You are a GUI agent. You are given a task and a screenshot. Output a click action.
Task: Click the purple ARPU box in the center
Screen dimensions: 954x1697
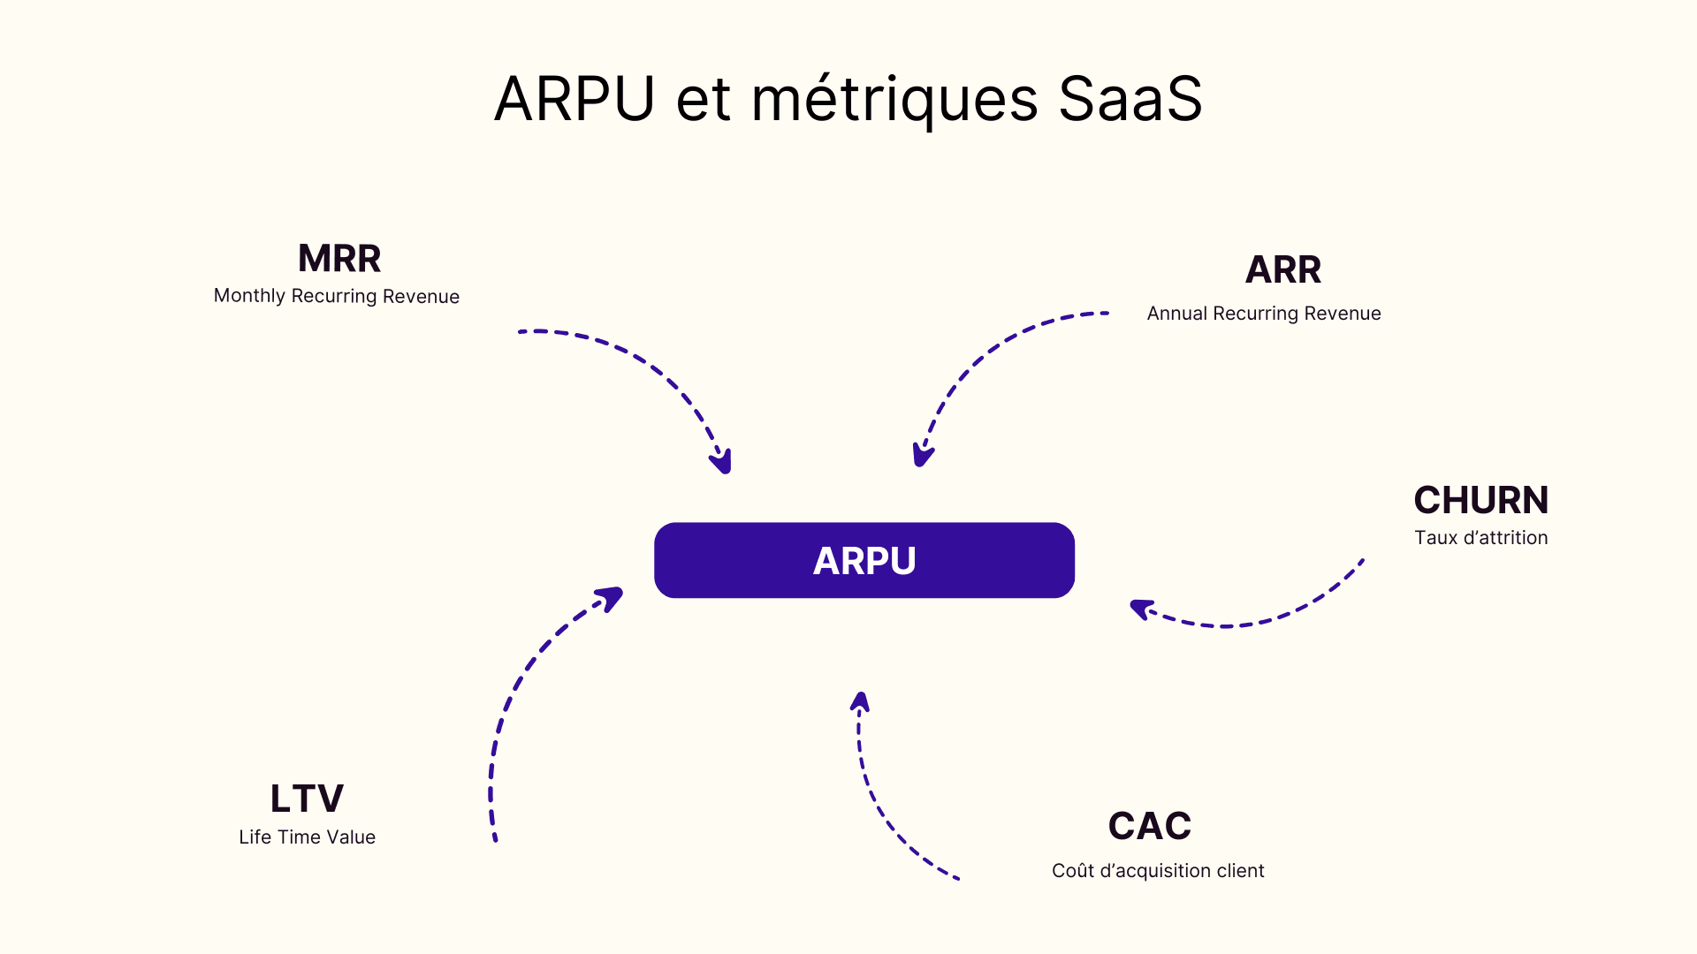click(x=864, y=560)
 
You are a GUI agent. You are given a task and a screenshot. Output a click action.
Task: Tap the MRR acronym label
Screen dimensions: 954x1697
click(x=339, y=259)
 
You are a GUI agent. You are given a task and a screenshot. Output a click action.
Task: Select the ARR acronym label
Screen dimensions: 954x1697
click(x=1282, y=269)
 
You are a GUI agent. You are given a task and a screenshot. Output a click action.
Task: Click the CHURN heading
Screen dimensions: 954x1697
click(x=1480, y=500)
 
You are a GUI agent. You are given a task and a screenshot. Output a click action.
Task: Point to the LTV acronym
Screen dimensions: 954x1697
click(x=307, y=799)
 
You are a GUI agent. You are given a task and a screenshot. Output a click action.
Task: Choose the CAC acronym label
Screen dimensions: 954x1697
click(x=1149, y=826)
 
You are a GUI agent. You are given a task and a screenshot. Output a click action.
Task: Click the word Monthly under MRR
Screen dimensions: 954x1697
click(x=249, y=296)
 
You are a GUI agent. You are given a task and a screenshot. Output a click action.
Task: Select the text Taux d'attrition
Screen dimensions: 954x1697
click(x=1480, y=538)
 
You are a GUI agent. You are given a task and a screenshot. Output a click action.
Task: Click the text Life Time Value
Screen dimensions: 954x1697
click(x=307, y=837)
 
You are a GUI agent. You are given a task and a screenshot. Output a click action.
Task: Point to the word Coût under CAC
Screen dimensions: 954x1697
click(x=1072, y=871)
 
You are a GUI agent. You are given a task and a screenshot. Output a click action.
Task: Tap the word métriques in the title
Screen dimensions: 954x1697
click(x=894, y=98)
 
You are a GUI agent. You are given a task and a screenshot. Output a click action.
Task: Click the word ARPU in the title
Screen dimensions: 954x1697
click(x=575, y=98)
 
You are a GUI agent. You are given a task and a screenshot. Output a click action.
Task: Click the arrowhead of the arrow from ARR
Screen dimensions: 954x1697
click(x=922, y=455)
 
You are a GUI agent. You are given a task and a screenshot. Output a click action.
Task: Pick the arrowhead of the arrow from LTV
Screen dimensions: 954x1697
click(x=611, y=598)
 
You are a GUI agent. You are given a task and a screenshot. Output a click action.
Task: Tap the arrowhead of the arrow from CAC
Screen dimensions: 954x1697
click(x=860, y=702)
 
